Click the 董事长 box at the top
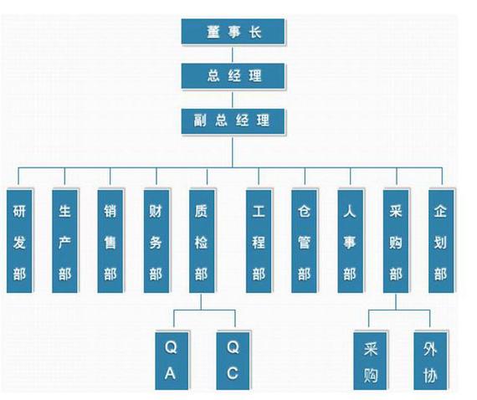[233, 32]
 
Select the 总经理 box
[233, 76]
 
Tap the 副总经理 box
[233, 121]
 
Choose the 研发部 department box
[19, 241]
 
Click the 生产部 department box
[64, 241]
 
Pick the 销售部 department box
[110, 241]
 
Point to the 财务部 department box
[156, 241]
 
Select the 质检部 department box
[202, 241]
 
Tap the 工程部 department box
[259, 241]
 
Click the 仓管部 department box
[305, 241]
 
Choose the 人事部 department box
[350, 241]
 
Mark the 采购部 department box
[396, 241]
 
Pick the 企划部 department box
[441, 241]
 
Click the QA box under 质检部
[172, 361]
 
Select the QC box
[233, 361]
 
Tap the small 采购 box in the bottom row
[370, 361]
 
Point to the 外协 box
[430, 361]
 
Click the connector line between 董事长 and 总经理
[233, 54]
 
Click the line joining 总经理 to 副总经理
[233, 99]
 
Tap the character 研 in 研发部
[19, 211]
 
